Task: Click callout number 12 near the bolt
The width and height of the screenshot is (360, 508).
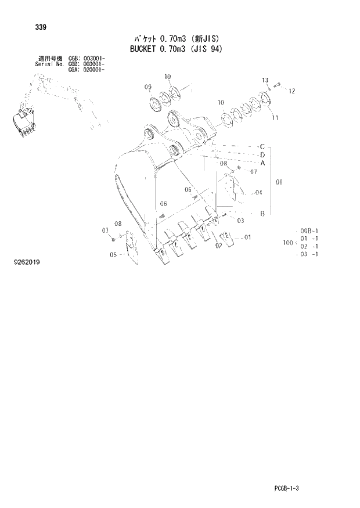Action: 291,91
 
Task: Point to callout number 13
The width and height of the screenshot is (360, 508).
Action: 265,80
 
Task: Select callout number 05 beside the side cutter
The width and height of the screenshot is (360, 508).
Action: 114,254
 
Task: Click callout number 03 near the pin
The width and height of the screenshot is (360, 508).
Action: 240,220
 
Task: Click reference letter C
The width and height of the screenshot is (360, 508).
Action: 262,146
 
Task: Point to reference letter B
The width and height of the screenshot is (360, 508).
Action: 262,214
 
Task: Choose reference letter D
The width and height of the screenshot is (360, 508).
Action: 262,155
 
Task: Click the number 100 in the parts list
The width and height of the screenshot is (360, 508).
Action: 287,242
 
